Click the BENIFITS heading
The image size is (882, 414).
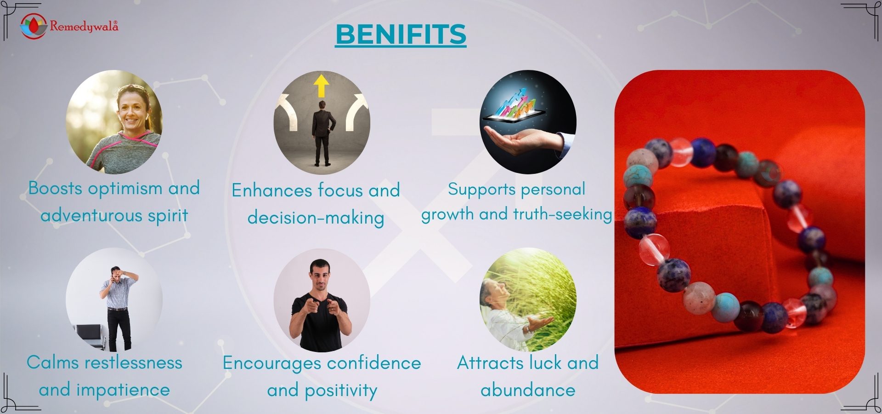tap(401, 34)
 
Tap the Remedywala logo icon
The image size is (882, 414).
tap(34, 26)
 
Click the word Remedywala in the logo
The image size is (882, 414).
tap(84, 26)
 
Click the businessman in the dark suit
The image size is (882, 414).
tap(322, 133)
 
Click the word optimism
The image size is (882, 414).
tap(125, 189)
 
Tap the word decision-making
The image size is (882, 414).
tap(316, 218)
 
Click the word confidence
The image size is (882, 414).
tap(374, 363)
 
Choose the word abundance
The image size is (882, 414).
tap(528, 390)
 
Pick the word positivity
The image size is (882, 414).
tap(341, 391)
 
